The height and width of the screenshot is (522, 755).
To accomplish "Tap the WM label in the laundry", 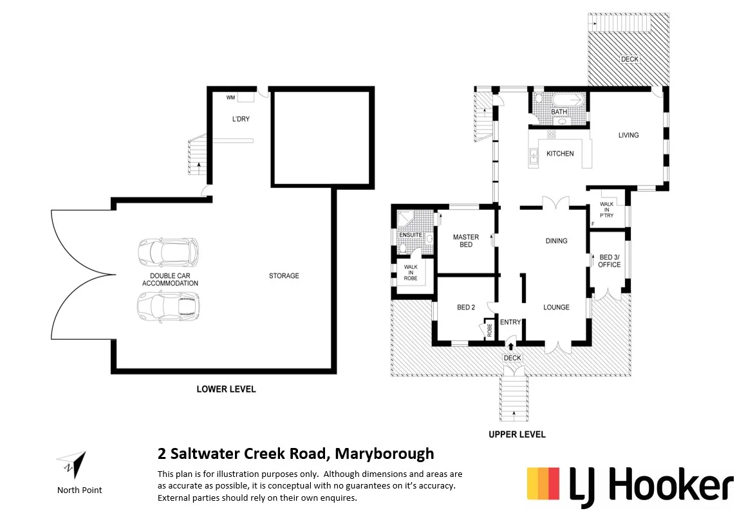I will pos(230,98).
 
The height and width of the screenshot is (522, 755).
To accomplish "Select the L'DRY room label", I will pos(241,120).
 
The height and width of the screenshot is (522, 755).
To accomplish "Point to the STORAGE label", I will pos(284,276).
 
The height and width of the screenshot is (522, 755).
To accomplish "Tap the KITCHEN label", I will pos(560,154).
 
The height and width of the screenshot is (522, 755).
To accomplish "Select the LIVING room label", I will pos(628,135).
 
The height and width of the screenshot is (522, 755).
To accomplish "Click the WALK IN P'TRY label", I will pos(607,211).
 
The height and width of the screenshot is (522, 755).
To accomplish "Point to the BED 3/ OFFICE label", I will pos(609,261).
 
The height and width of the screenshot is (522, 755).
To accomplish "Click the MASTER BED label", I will pos(466,241).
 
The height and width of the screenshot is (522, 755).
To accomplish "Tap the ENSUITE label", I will pos(411,235).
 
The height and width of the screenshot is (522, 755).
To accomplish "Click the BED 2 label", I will pos(466,308).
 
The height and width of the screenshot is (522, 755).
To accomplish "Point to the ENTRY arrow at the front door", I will pos(511,348).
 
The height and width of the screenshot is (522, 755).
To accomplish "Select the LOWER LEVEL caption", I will pos(226,389).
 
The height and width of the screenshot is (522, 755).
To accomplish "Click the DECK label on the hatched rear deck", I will pos(629,59).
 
